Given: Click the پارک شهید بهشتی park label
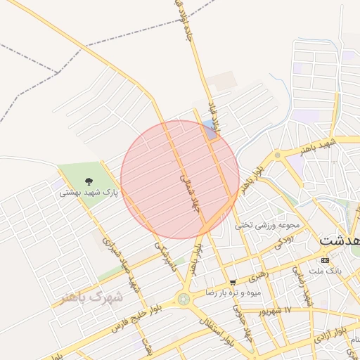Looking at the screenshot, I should point(89,192).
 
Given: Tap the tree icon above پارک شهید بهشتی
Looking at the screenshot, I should point(88,182).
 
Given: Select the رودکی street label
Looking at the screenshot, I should point(282,243).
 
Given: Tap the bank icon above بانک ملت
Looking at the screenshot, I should point(324,260).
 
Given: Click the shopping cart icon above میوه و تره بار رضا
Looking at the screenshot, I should point(233,283).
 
